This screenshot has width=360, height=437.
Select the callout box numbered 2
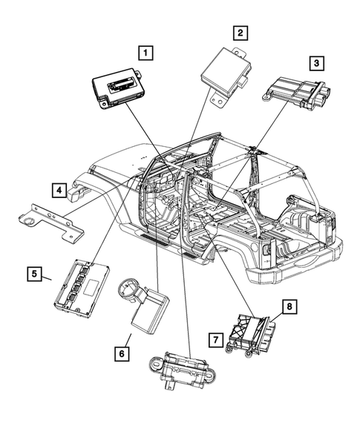239,32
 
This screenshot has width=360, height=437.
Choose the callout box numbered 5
34,274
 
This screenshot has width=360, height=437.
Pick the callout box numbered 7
215,340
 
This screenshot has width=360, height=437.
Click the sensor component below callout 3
297,91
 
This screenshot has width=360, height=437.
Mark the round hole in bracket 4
28,220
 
